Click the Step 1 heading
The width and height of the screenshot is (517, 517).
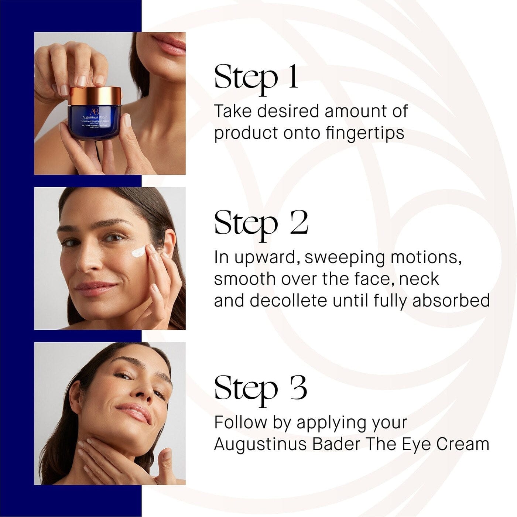(256, 78)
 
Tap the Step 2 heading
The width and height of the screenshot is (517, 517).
(261, 224)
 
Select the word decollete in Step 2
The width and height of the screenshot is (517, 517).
(288, 301)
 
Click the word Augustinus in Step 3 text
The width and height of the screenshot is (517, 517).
(260, 444)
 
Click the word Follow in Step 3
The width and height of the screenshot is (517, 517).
(240, 422)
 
